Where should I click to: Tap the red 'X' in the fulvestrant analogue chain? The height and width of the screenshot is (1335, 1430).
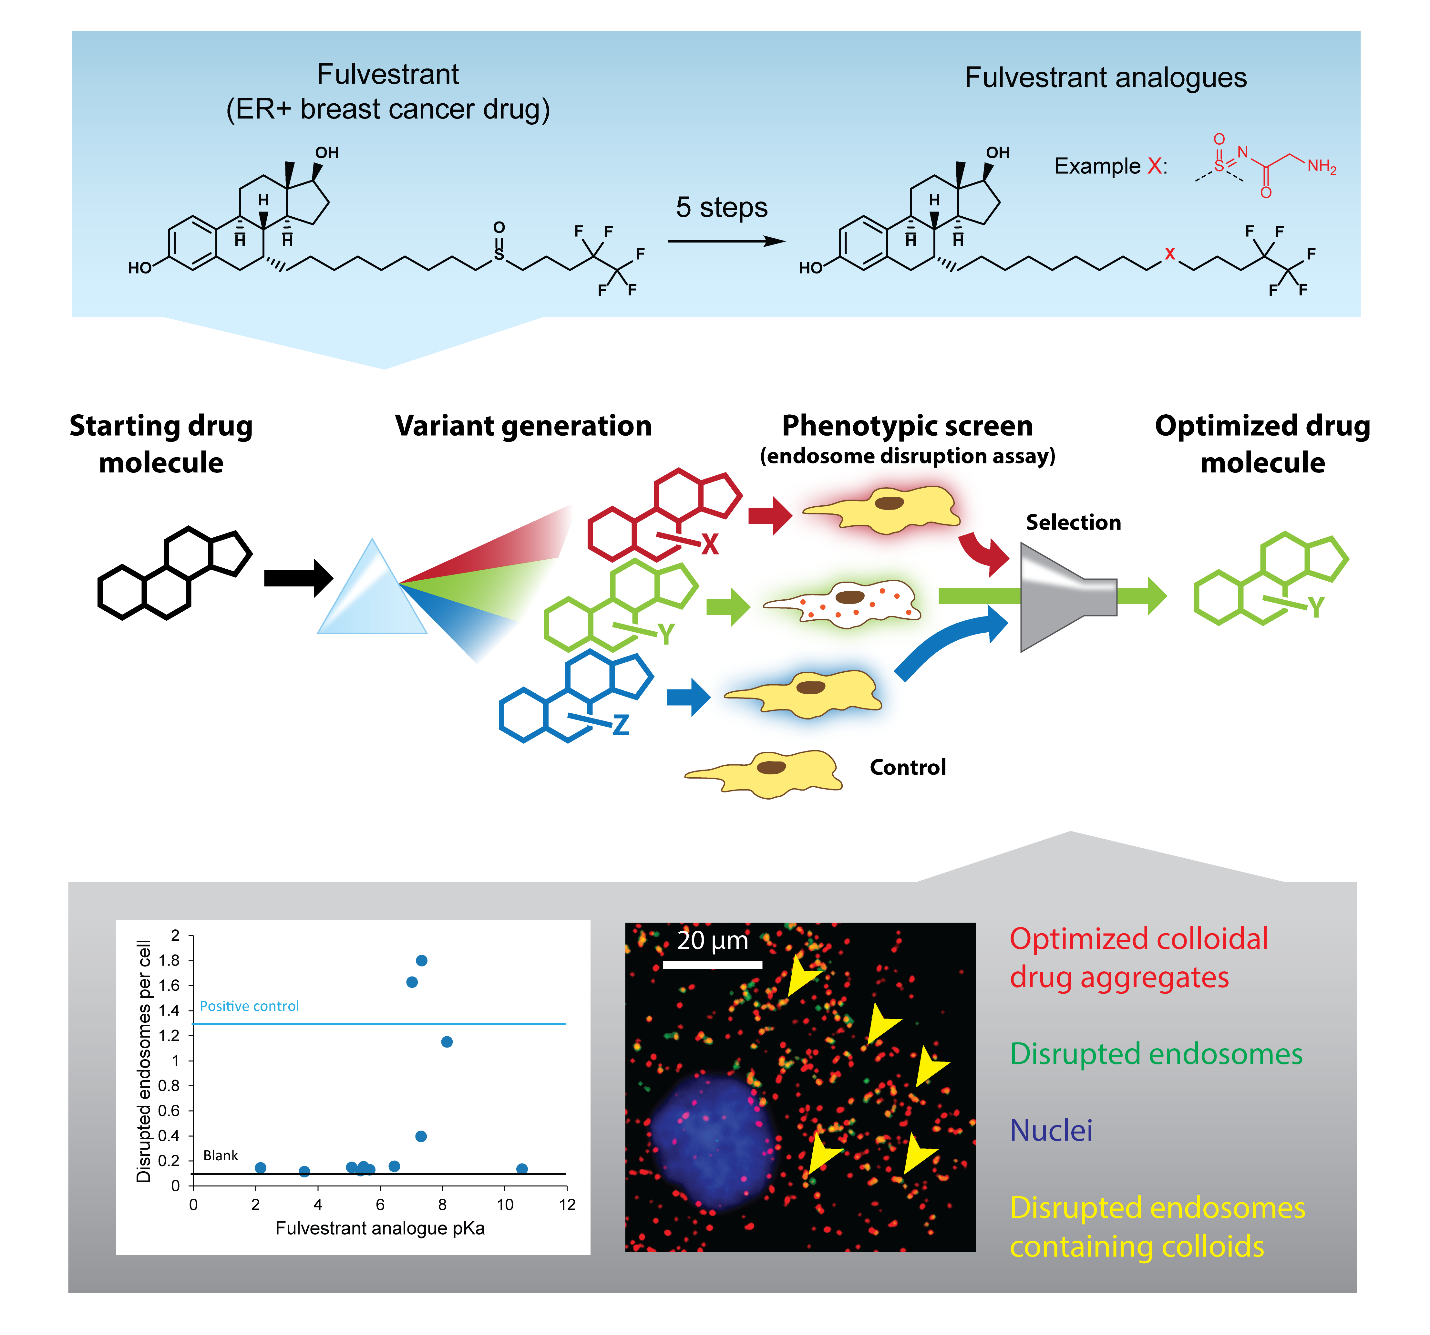pos(1170,254)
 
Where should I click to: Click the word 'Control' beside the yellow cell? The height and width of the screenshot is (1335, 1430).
pos(907,768)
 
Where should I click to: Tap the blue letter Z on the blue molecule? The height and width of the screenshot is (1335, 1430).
pos(620,724)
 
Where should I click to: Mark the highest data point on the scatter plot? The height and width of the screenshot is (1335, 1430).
pos(422,960)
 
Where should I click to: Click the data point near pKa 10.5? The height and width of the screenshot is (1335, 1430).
pos(522,1169)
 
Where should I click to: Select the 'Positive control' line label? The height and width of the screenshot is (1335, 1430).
pos(249,1006)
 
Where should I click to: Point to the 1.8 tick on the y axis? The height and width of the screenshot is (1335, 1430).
pos(170,960)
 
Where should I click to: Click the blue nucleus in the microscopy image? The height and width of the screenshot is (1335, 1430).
pos(712,1140)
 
